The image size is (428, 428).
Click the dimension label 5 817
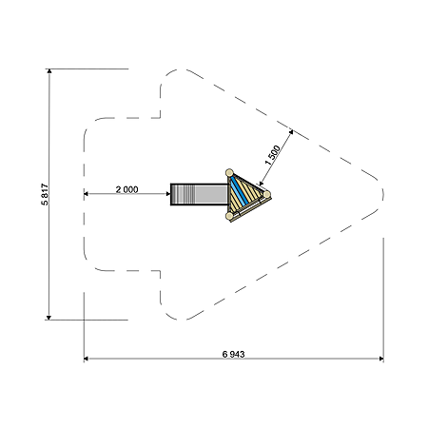click(45, 194)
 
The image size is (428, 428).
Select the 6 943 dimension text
click(233, 354)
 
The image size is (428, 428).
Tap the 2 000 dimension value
click(126, 189)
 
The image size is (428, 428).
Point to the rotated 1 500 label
click(272, 155)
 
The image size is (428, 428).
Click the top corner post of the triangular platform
click(229, 173)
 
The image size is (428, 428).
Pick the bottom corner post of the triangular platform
click(229, 216)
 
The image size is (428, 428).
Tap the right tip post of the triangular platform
click(267, 194)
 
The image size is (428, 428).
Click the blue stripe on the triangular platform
click(240, 191)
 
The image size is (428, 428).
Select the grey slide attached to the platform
click(199, 194)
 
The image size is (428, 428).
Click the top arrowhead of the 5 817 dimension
click(49, 71)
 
